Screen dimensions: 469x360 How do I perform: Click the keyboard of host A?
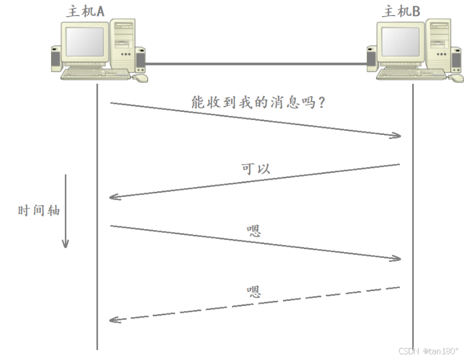(x=95, y=74)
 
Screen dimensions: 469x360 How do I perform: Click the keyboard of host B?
(x=410, y=74)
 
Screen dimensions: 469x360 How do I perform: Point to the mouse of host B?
(x=456, y=78)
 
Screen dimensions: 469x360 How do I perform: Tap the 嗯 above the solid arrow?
(x=254, y=231)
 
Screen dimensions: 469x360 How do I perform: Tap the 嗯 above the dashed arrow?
(x=254, y=292)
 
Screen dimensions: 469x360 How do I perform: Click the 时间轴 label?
(x=38, y=211)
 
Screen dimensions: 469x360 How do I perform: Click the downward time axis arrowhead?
(x=65, y=243)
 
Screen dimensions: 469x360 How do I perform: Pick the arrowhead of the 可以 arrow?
(x=113, y=197)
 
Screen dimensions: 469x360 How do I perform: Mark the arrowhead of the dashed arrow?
(x=113, y=319)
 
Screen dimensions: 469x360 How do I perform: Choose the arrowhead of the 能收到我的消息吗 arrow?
(x=396, y=136)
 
